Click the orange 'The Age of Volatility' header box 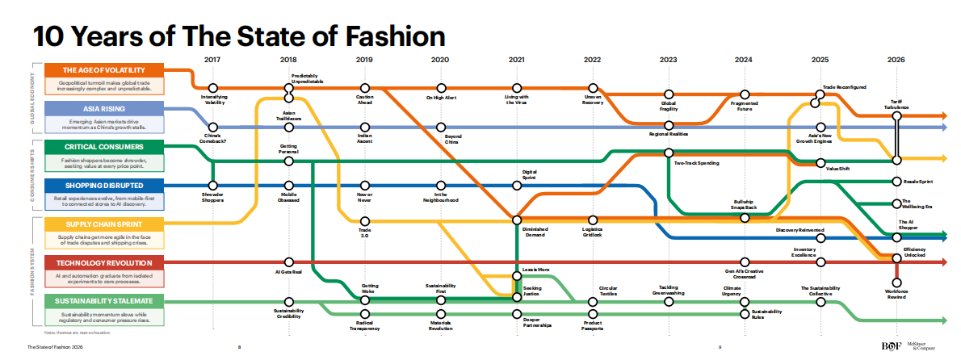click(x=103, y=69)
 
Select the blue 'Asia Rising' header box click(x=103, y=108)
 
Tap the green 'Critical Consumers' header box click(x=103, y=147)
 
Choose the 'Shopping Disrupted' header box click(x=103, y=186)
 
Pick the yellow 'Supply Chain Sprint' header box click(x=103, y=224)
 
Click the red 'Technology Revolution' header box click(x=103, y=262)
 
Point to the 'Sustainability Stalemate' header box click(x=103, y=301)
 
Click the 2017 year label click(x=213, y=60)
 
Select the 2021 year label click(x=517, y=60)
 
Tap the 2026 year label click(x=896, y=60)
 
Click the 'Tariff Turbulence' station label click(x=896, y=105)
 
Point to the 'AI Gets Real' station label click(x=288, y=273)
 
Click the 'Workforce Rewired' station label click(x=896, y=292)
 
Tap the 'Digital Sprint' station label click(x=530, y=174)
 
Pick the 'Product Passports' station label click(x=593, y=324)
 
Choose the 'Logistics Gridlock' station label click(x=593, y=232)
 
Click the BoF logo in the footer click(x=892, y=346)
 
